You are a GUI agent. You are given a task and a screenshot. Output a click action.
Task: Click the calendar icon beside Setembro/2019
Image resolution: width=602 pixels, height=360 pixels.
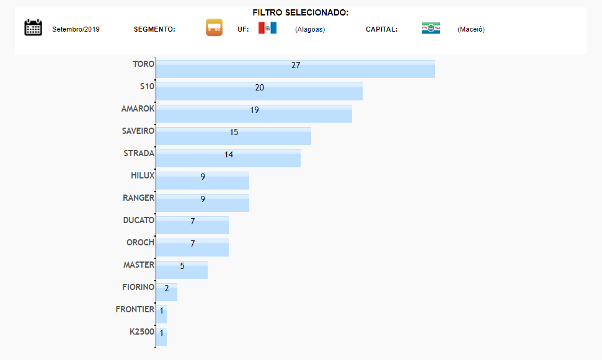[33, 27]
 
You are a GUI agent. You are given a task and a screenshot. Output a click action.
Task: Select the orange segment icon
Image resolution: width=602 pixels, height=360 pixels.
[214, 27]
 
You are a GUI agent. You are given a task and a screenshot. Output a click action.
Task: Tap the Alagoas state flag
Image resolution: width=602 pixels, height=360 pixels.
[267, 28]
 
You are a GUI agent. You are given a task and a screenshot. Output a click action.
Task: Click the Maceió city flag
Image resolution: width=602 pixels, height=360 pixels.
[431, 28]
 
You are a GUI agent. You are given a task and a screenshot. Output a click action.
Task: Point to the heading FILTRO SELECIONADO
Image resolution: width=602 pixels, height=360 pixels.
[301, 12]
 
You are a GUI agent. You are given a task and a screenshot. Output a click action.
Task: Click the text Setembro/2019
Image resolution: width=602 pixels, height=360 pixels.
[76, 29]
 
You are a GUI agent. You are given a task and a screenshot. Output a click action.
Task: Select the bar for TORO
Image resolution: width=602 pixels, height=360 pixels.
[295, 69]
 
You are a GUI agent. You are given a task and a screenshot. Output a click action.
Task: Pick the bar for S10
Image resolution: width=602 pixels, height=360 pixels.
[259, 92]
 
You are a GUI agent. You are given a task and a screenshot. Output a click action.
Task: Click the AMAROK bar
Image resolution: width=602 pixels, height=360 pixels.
[254, 114]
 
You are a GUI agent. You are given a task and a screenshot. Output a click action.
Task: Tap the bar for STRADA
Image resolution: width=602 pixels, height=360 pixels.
[228, 159]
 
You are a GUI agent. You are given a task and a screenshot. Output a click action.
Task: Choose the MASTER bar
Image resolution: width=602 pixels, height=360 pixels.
[182, 270]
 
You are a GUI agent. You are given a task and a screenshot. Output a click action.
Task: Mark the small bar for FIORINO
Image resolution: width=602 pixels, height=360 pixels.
[167, 292]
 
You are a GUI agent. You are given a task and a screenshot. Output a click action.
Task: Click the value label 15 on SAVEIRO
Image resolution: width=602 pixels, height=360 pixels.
[234, 132]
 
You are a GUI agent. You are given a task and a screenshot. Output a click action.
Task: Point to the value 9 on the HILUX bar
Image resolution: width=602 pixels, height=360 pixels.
[203, 177]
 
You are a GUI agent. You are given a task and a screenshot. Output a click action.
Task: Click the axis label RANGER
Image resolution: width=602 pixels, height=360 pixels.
[138, 198]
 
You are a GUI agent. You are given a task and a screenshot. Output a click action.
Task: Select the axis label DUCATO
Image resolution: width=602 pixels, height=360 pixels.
[138, 220]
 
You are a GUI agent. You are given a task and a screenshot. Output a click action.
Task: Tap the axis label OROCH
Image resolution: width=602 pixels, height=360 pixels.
[140, 242]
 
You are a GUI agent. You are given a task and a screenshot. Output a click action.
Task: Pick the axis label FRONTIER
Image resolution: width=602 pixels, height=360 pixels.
[135, 309]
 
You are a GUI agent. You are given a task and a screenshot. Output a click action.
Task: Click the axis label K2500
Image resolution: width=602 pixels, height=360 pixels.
[141, 331]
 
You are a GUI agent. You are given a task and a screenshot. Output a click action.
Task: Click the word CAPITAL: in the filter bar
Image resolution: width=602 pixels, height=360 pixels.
[381, 29]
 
